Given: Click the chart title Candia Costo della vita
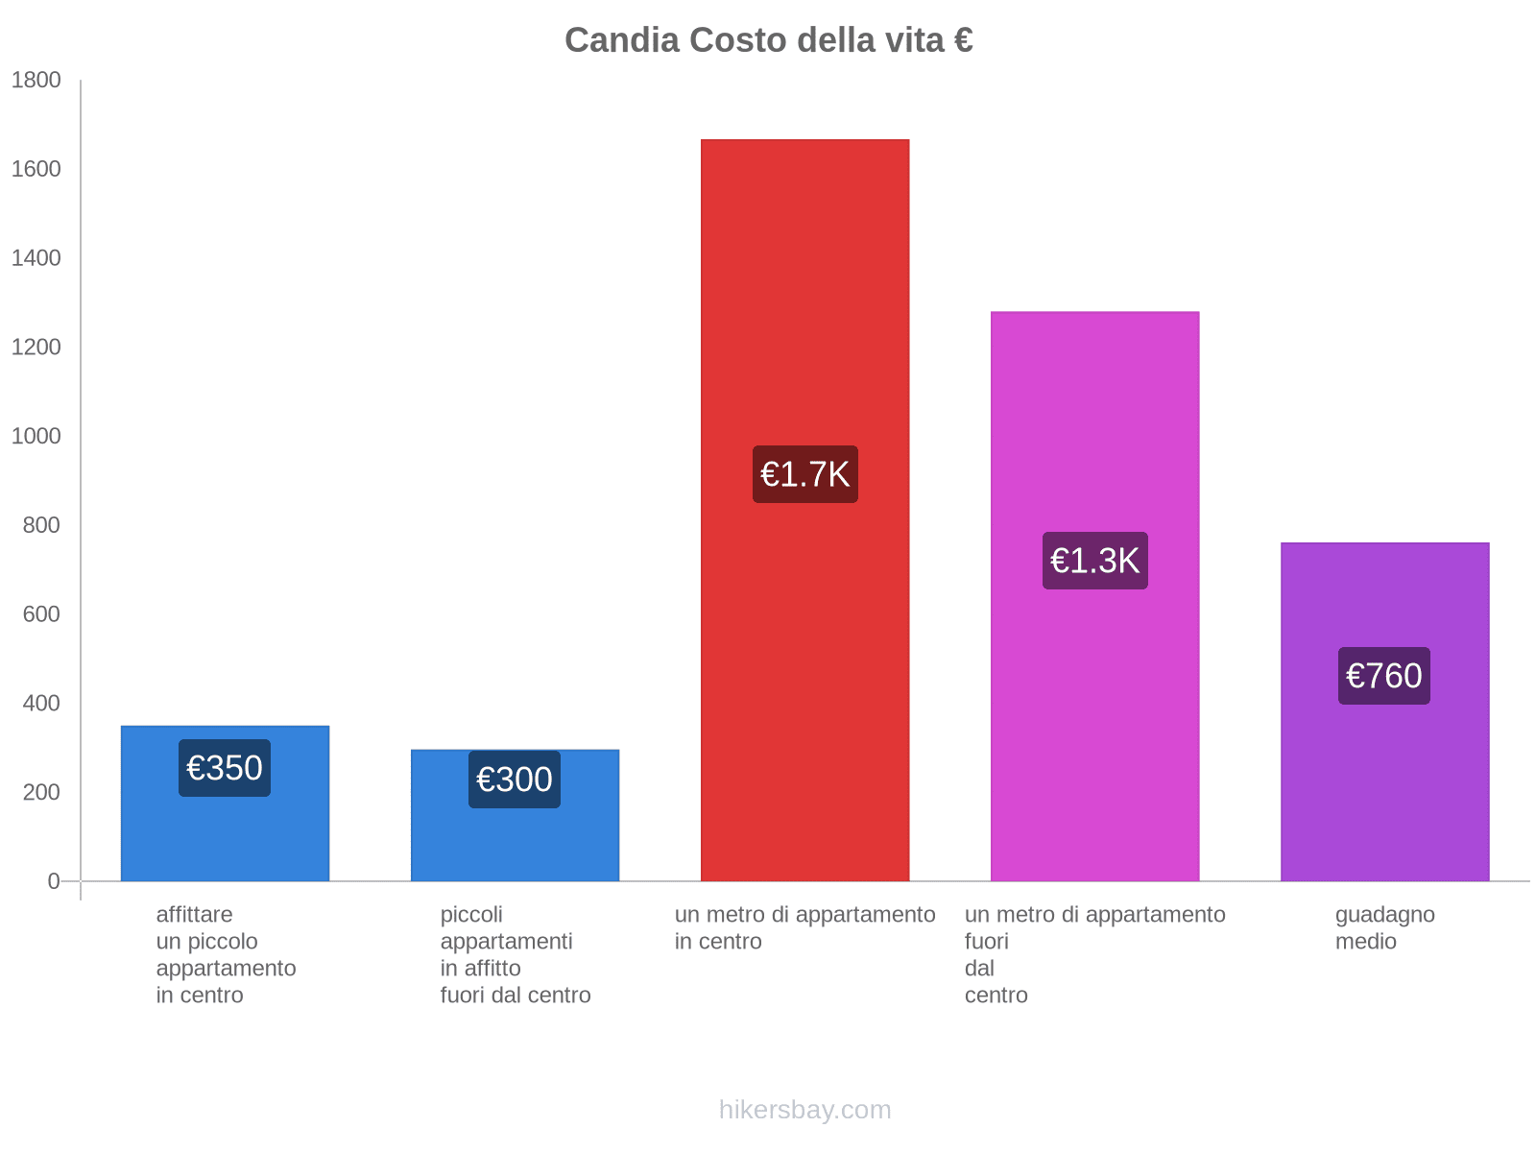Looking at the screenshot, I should coord(768,40).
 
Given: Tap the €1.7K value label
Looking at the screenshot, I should coord(804,474).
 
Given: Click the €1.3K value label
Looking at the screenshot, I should coord(1094,561).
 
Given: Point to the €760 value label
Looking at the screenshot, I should coord(1383,676).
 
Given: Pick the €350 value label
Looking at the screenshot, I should coord(225,768).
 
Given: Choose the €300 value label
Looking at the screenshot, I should coord(515,780).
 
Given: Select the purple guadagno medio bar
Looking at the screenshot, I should coord(1384,787).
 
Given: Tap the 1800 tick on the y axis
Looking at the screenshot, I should coord(36,81).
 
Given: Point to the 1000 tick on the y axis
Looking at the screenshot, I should coord(36,437).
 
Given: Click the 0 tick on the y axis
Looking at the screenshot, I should coord(54,881).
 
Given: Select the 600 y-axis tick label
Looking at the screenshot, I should coord(41,614).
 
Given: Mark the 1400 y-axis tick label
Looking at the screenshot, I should coord(36,258).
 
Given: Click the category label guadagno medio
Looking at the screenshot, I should coord(1384,927).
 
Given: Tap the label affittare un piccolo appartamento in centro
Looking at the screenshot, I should coord(226,954).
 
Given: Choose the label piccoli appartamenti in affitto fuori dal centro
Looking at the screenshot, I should coord(515,954).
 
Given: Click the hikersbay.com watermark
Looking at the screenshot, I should coord(804,1110).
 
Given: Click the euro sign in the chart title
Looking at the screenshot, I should coord(963,40).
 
